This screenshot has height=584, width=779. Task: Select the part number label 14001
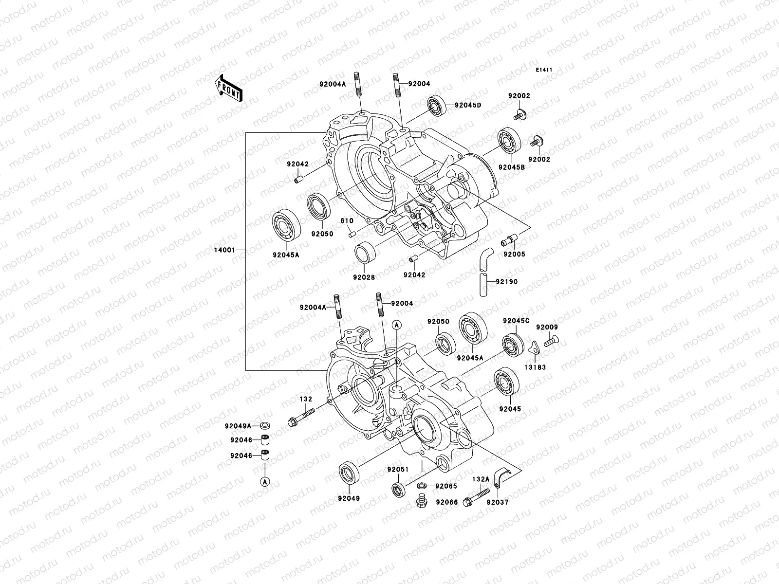click(225, 250)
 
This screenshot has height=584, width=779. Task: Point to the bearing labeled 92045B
click(509, 139)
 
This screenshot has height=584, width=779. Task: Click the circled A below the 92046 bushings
click(264, 481)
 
